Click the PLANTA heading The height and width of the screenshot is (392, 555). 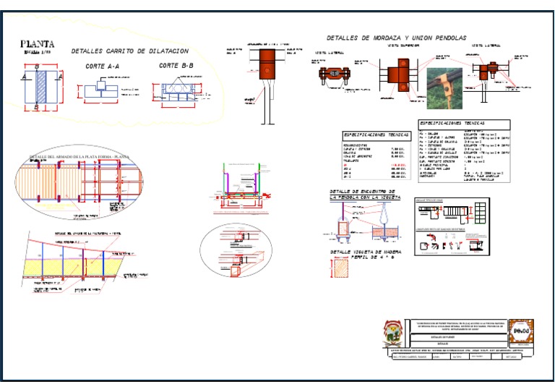[37, 43]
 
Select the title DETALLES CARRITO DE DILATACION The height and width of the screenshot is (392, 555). [130, 51]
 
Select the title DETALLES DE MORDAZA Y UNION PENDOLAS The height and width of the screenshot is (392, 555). [396, 38]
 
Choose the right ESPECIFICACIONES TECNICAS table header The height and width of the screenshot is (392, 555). [463, 124]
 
